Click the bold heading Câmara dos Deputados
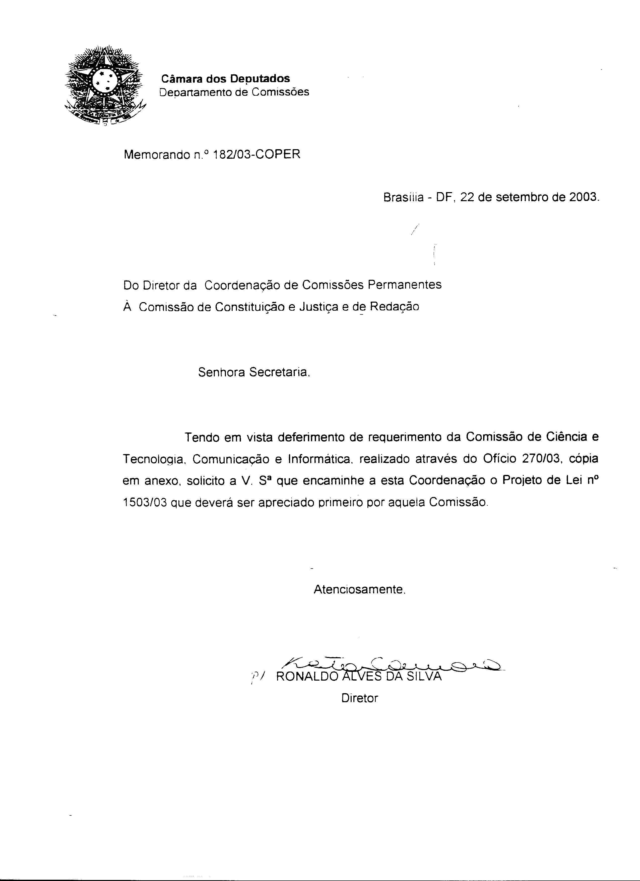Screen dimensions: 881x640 click(225, 78)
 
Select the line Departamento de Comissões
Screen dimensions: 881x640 click(235, 92)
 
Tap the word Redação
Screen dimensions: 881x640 click(395, 307)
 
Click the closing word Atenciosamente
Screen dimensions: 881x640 click(359, 590)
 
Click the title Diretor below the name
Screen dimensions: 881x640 click(359, 698)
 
